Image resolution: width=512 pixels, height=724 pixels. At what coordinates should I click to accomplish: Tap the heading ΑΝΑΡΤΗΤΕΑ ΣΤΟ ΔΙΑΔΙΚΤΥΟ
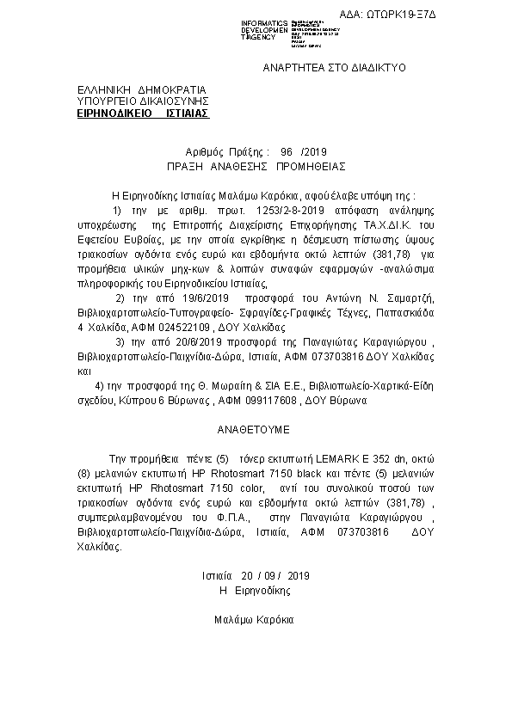click(x=334, y=67)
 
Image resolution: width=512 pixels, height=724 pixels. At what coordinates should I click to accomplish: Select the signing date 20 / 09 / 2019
click(x=256, y=575)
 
